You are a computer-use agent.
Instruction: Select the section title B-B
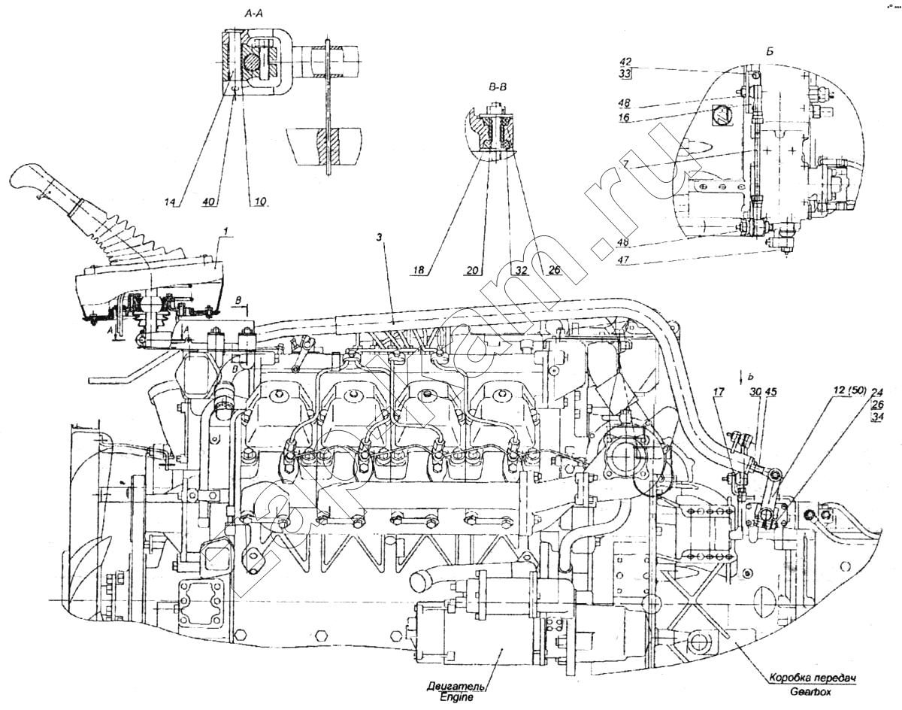(498, 87)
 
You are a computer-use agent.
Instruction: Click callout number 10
(260, 202)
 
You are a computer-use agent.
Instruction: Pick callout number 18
(419, 269)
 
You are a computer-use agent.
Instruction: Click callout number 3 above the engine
(380, 238)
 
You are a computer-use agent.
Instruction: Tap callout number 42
(625, 62)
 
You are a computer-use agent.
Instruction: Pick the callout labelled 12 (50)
(850, 390)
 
